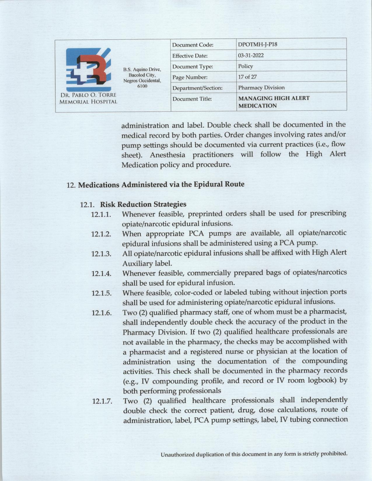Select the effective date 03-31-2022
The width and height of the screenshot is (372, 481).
pyautogui.click(x=251, y=55)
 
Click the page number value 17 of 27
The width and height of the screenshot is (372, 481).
pyautogui.click(x=247, y=77)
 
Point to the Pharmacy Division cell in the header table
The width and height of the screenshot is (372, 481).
pyautogui.click(x=261, y=87)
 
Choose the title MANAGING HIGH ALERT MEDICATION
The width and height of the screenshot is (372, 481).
pyautogui.click(x=273, y=102)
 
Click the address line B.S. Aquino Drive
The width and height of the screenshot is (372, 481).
pyautogui.click(x=142, y=69)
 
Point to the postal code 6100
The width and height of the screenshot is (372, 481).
pyautogui.click(x=142, y=86)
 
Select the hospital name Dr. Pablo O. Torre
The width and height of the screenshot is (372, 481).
pyautogui.click(x=88, y=95)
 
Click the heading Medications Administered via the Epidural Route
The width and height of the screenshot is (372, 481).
pyautogui.click(x=161, y=185)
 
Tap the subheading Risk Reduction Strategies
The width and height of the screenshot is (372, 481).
pyautogui.click(x=143, y=204)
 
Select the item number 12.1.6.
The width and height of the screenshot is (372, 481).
pyautogui.click(x=102, y=313)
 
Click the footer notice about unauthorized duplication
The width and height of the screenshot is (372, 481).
pyautogui.click(x=254, y=454)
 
